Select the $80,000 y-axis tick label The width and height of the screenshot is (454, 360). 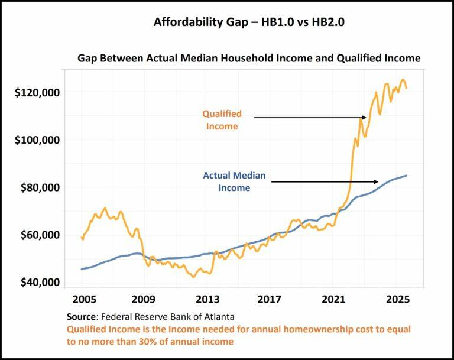[40, 187]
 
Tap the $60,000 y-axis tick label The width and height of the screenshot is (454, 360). [40, 235]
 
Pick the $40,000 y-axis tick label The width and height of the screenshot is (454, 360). [40, 282]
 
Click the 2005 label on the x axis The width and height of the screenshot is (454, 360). [83, 299]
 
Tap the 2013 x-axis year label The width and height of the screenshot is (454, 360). [207, 299]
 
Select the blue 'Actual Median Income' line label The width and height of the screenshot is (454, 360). [234, 181]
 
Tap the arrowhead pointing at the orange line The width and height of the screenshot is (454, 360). [364, 118]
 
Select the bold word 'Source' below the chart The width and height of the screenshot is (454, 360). [81, 316]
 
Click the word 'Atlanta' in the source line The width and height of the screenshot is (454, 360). [218, 316]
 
